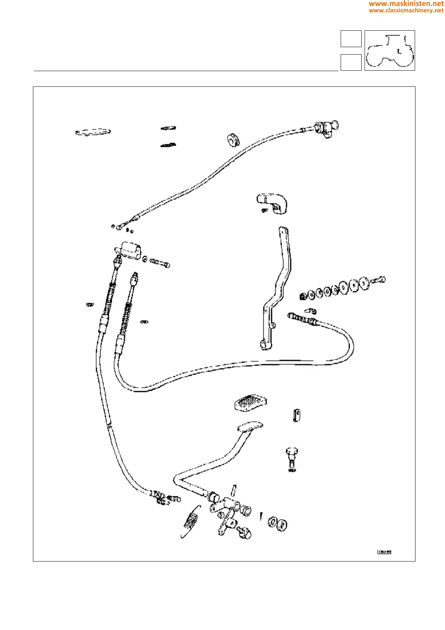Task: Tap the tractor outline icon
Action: pos(390,51)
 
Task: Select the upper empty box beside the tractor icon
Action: pos(351,39)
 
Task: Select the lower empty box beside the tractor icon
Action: pos(351,62)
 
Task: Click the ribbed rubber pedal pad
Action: pos(250,403)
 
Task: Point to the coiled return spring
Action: pos(191,520)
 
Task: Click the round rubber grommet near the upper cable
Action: pos(233,140)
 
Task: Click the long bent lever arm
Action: pos(278,288)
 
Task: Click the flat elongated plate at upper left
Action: pos(93,132)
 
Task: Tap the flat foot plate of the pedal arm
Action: pos(250,427)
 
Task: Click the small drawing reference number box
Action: pos(384,551)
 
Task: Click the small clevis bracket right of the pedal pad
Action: pos(297,415)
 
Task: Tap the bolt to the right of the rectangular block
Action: pos(160,263)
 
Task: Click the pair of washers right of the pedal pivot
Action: pos(277,523)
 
